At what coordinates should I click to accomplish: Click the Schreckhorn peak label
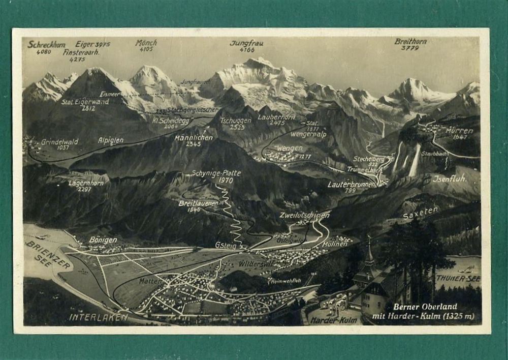[46, 45]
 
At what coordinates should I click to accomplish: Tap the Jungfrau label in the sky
[246, 43]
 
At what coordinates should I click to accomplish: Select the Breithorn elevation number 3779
[410, 48]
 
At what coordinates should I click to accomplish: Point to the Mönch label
[146, 43]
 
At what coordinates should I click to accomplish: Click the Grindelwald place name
[59, 142]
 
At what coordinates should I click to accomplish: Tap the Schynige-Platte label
[216, 173]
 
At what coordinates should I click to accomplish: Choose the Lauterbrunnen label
[352, 184]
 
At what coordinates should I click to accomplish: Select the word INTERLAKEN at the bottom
[98, 317]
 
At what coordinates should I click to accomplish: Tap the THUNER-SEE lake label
[458, 279]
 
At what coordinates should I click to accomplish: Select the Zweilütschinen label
[304, 215]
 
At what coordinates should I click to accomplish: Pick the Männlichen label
[193, 138]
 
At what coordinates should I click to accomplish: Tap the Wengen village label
[290, 148]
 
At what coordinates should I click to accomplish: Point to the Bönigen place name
[103, 239]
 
